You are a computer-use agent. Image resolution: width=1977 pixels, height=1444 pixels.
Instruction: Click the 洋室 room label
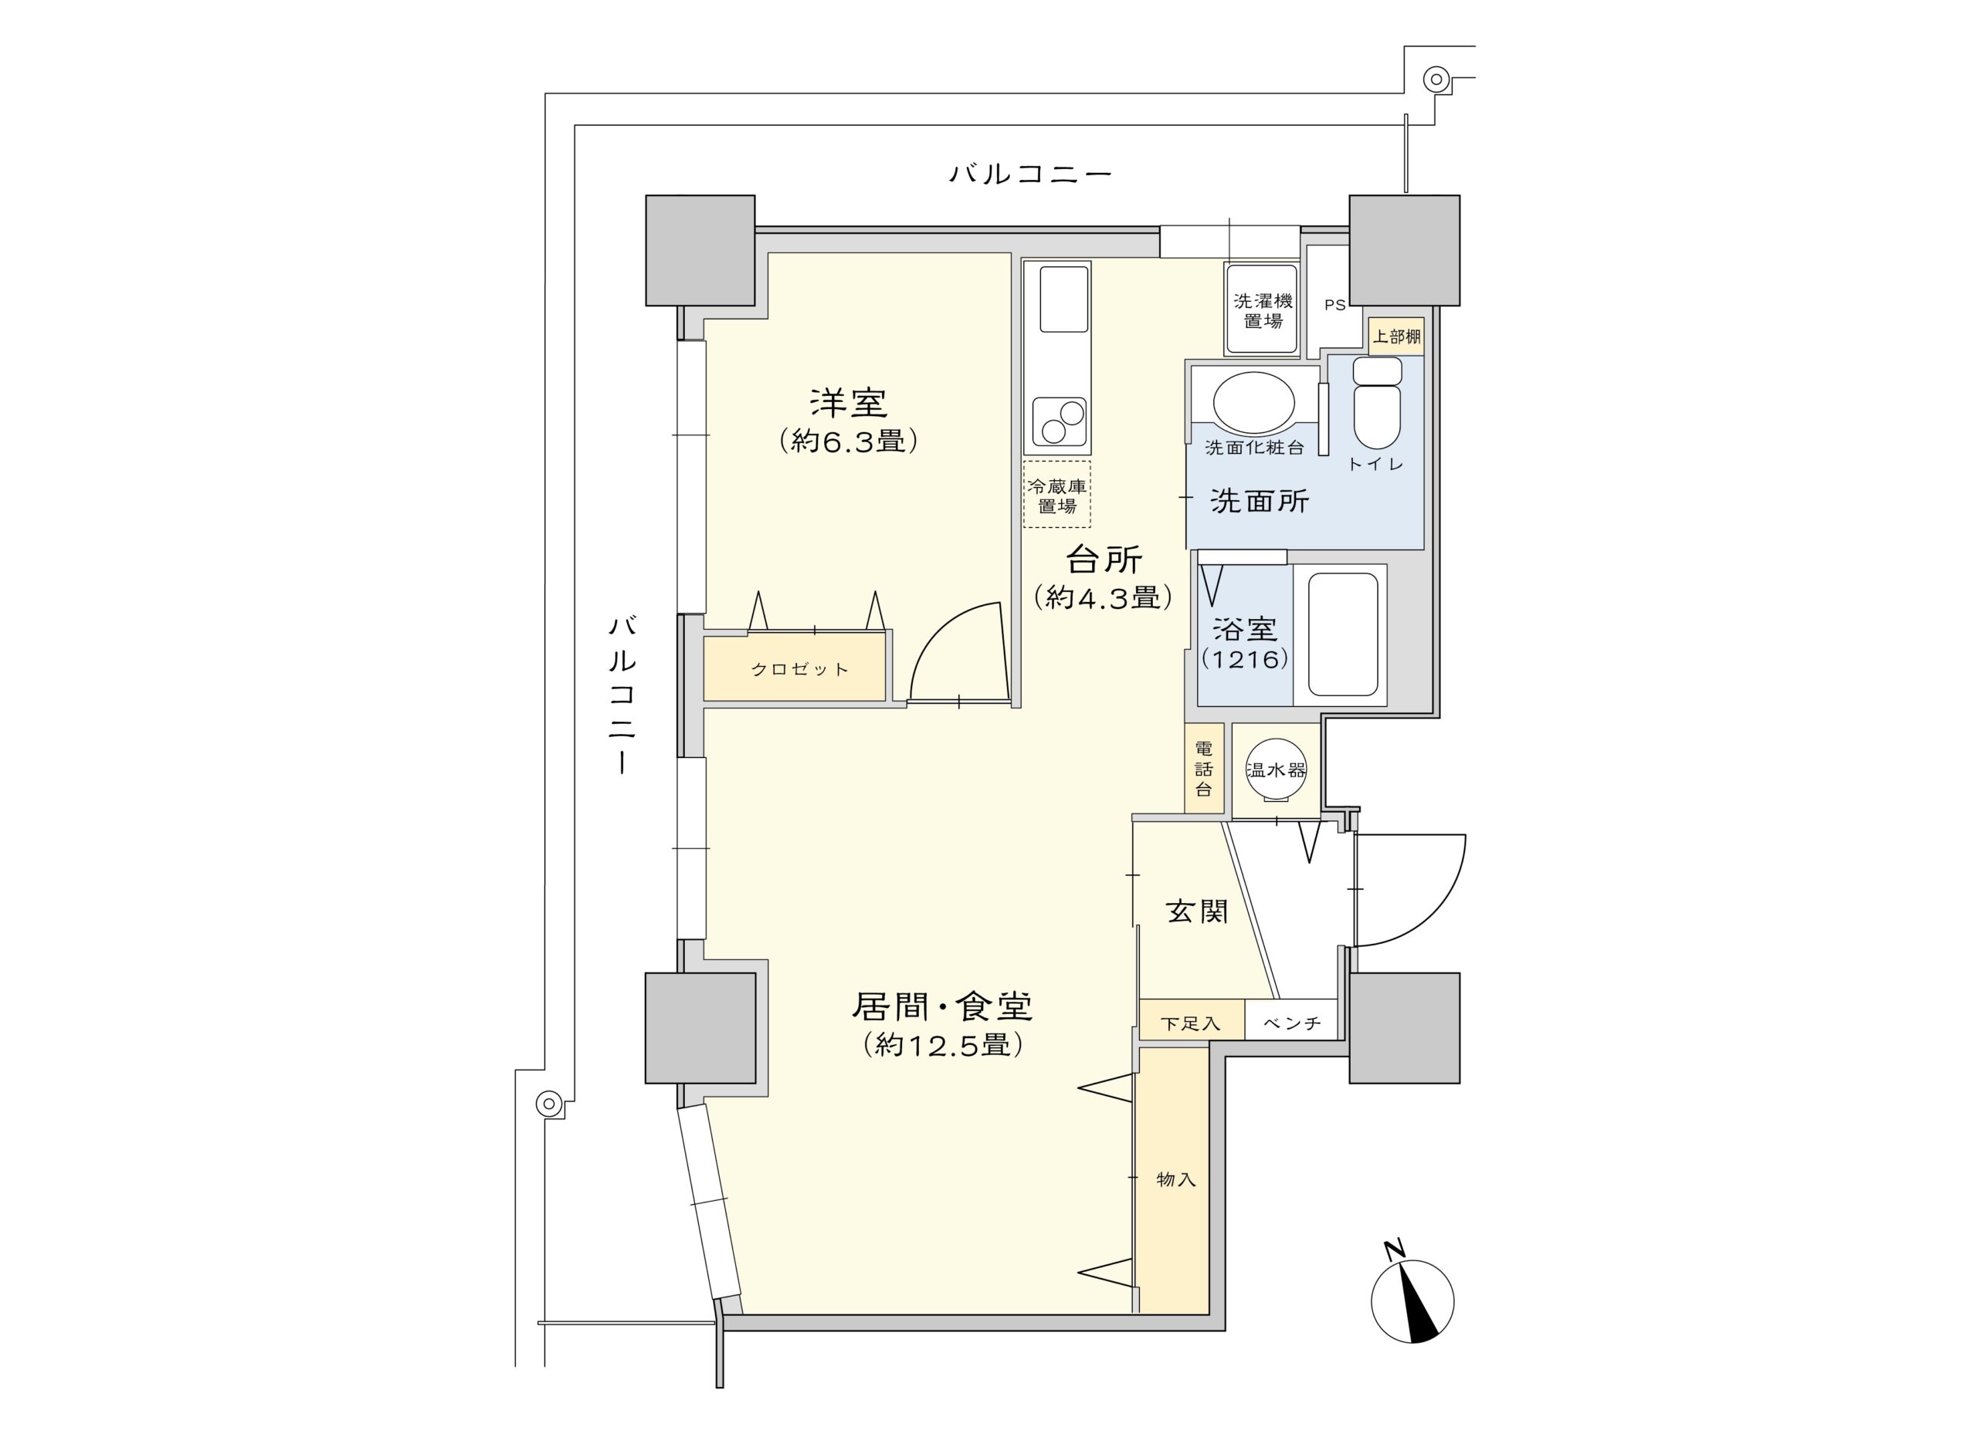pos(847,404)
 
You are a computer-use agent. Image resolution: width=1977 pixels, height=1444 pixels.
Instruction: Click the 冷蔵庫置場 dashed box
pos(1056,495)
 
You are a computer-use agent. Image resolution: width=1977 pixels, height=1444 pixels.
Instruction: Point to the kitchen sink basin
pos(1063,299)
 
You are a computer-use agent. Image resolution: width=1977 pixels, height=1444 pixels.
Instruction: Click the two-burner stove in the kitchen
pos(1059,421)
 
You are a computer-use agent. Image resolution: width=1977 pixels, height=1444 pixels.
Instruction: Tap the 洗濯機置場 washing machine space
pos(1261,309)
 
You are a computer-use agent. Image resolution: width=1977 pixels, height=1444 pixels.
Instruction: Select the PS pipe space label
pos(1334,305)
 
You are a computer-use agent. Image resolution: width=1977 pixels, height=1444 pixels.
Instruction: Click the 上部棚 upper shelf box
pos(1395,336)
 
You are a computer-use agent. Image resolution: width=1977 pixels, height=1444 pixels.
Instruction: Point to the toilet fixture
pos(1376,404)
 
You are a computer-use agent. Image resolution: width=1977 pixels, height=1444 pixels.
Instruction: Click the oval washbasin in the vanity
pos(1253,403)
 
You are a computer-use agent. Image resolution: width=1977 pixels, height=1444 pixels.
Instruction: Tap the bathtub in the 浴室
pos(1341,634)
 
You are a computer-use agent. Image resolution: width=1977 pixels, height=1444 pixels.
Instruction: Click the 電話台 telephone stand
pos(1203,769)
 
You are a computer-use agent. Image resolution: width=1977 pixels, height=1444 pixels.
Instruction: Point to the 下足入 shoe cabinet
pos(1190,1023)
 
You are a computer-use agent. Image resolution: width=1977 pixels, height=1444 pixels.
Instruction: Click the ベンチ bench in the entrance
pos(1290,1023)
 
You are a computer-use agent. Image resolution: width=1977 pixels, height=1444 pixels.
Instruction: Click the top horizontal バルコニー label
pos(1030,174)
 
